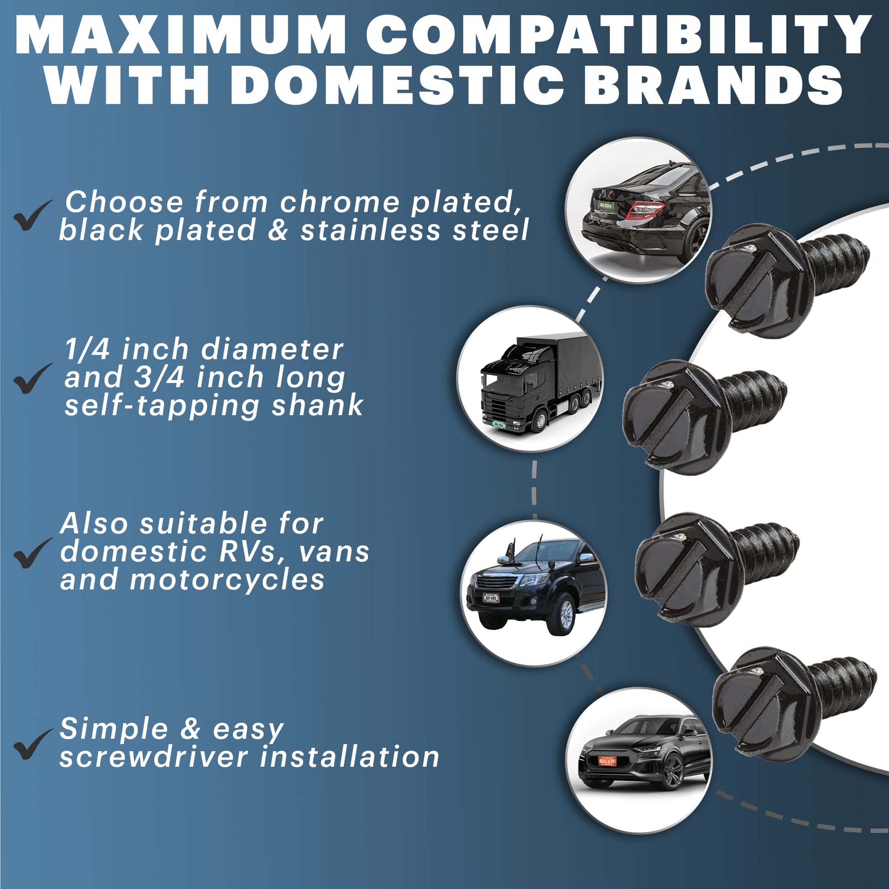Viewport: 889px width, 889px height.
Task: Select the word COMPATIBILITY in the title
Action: tap(617, 36)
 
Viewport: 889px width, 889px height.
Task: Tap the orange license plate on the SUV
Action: tap(607, 761)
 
